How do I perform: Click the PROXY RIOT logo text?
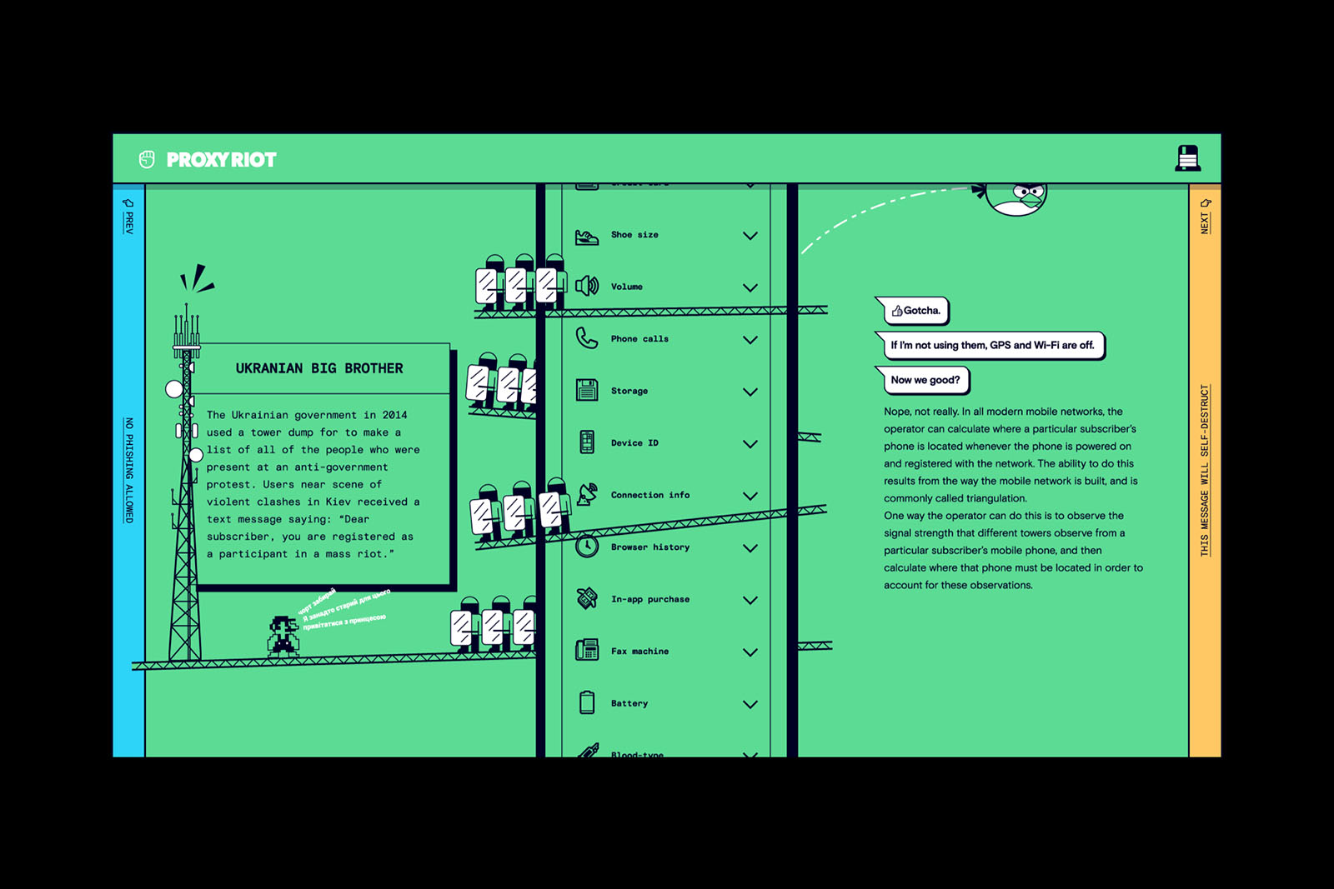[221, 160]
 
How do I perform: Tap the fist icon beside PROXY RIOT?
[147, 159]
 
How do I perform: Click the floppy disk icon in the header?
[1187, 157]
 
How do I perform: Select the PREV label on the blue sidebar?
[128, 218]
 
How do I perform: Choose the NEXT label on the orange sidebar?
[1205, 218]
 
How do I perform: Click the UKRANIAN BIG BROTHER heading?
[318, 368]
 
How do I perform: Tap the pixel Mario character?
[283, 637]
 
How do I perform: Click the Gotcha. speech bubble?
[915, 311]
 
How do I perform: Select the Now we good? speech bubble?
[925, 380]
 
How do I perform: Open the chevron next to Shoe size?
[750, 236]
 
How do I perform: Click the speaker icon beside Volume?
[587, 286]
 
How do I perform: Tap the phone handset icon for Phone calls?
[587, 338]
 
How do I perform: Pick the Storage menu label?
[629, 391]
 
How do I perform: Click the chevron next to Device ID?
[750, 444]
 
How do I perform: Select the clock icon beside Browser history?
[587, 547]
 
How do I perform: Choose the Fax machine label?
[639, 652]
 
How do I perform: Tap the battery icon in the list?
[587, 702]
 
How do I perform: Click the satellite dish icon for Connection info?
[587, 494]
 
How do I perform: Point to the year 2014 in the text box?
[394, 415]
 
